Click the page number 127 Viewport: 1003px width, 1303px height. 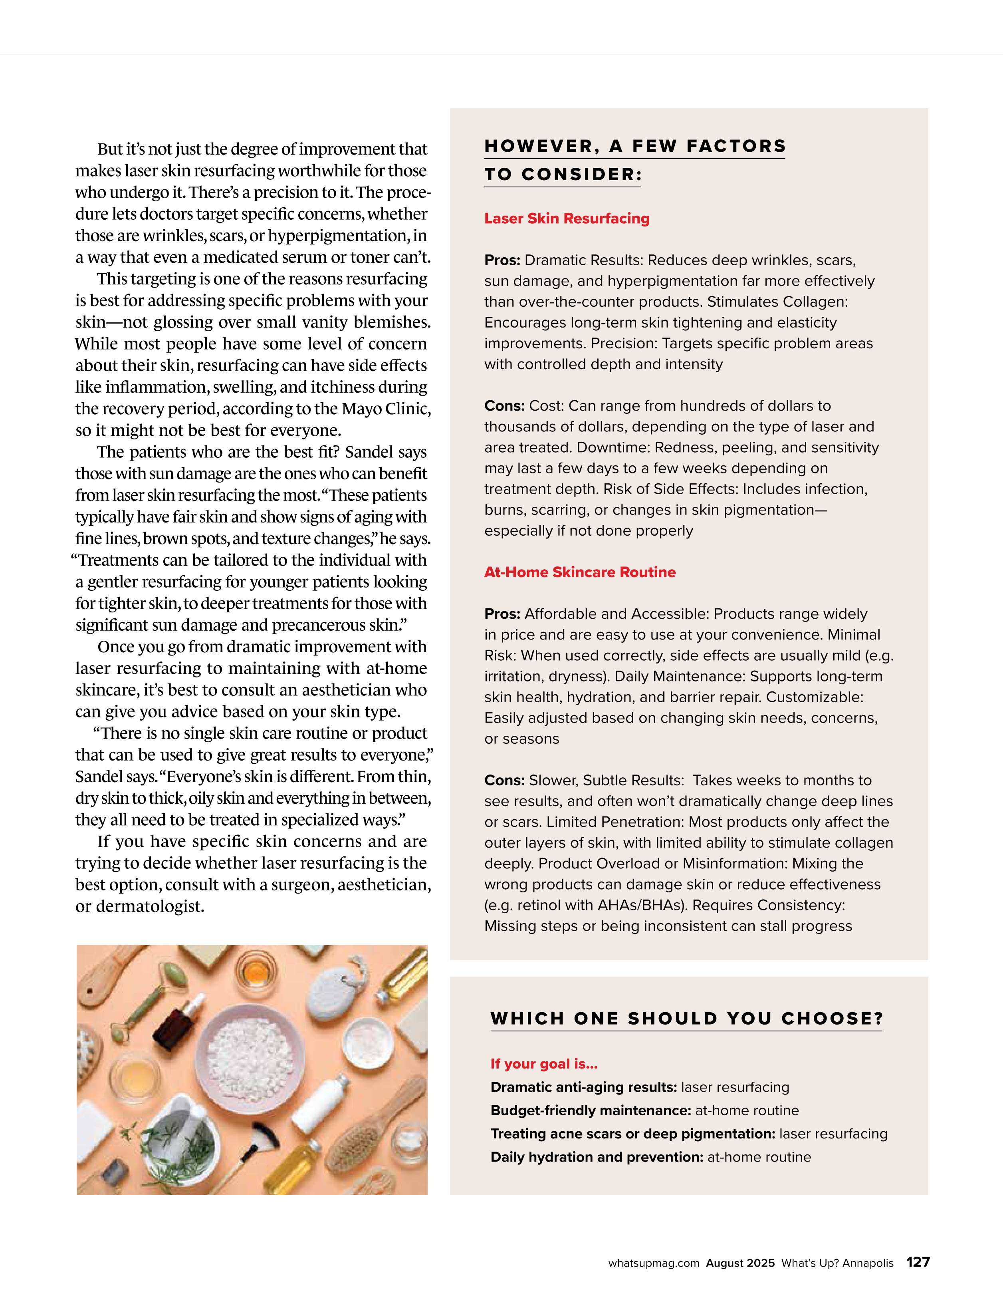click(x=918, y=1262)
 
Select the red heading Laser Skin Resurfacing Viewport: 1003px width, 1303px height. click(x=567, y=218)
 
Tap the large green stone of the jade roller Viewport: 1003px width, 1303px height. click(x=173, y=977)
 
